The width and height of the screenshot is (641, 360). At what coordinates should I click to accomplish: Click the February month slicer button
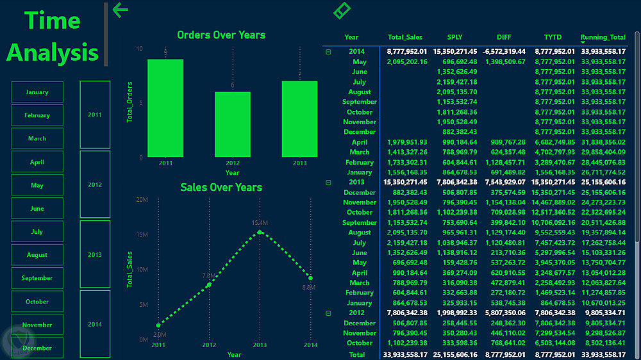click(x=37, y=115)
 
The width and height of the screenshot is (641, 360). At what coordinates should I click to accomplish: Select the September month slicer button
click(x=37, y=278)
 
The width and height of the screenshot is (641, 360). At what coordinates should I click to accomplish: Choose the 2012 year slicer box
click(x=95, y=184)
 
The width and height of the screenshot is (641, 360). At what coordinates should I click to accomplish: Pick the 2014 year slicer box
click(x=95, y=324)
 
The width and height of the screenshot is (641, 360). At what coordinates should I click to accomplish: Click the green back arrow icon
click(x=121, y=10)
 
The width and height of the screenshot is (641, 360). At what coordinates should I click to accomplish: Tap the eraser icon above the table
click(x=342, y=10)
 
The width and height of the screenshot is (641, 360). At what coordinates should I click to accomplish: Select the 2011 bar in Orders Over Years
click(x=165, y=108)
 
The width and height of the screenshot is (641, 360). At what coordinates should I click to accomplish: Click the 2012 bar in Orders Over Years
click(x=232, y=124)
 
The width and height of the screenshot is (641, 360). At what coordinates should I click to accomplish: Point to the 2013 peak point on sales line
click(x=260, y=232)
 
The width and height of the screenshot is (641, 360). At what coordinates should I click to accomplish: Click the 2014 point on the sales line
click(x=310, y=277)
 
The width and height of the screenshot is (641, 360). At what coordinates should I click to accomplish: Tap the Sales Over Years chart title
click(x=221, y=187)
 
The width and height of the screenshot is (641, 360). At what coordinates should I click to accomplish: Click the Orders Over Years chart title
click(x=221, y=35)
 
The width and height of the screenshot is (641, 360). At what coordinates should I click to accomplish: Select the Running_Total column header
click(x=603, y=37)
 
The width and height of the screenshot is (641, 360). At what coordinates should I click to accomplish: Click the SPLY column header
click(x=454, y=37)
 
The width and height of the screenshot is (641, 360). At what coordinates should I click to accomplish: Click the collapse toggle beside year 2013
click(x=329, y=183)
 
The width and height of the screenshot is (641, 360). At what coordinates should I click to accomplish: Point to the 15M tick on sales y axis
click(x=142, y=234)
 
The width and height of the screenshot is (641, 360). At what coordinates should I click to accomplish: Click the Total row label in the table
click(x=356, y=354)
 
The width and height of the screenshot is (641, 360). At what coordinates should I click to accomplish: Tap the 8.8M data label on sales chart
click(x=310, y=288)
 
